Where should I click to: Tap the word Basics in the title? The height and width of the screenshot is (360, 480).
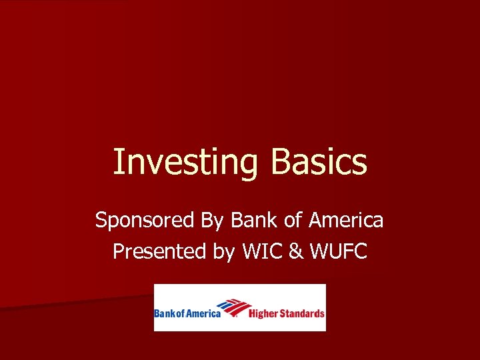pos(319,162)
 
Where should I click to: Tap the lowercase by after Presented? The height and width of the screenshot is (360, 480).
pos(218,253)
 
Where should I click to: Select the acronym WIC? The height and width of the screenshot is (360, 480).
pos(262,251)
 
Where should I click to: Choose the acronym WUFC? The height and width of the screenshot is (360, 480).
pos(338,251)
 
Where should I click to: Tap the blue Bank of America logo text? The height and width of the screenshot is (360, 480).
pos(187,313)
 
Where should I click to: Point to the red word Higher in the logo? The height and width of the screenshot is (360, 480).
pos(264,313)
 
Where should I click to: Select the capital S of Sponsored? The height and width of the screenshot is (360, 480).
pos(101,220)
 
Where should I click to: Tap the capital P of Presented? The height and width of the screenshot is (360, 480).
pos(119,251)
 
